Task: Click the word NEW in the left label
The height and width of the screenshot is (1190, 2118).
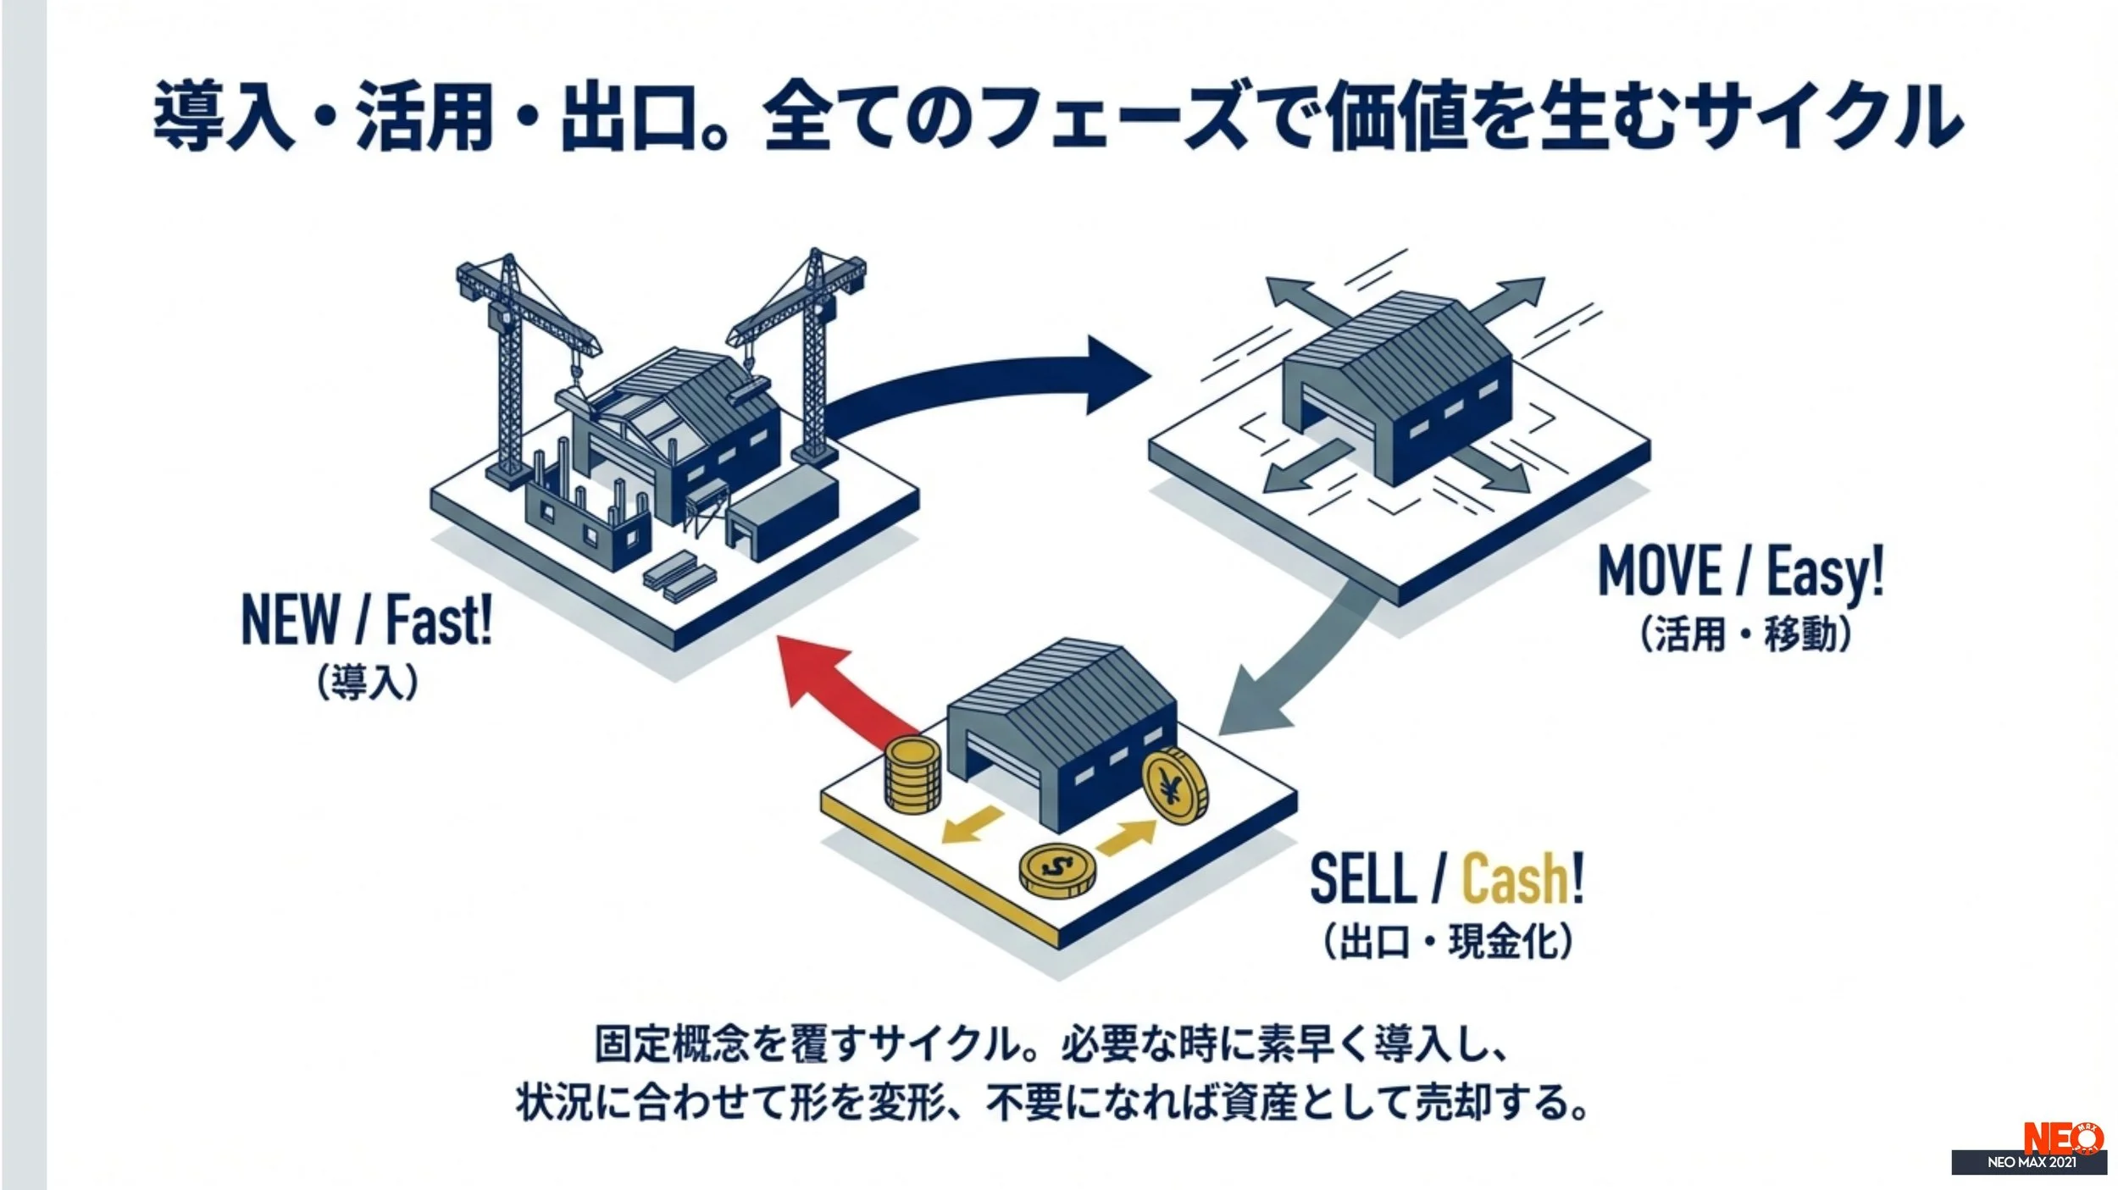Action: point(291,621)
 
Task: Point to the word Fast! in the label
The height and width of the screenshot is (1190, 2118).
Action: point(438,621)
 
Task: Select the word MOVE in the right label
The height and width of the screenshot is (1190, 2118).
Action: point(1659,572)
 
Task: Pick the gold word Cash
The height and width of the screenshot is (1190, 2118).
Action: point(1516,878)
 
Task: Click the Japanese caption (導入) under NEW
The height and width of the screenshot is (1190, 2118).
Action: point(368,683)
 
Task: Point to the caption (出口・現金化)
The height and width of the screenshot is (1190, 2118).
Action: point(1448,941)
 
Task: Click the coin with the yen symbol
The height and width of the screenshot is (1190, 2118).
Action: point(1174,786)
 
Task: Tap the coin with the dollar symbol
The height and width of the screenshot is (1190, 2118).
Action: point(1056,870)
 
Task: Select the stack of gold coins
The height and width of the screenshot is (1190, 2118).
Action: point(912,775)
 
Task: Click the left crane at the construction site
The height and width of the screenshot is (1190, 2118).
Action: point(509,356)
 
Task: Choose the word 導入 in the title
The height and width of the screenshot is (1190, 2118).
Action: point(225,116)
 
